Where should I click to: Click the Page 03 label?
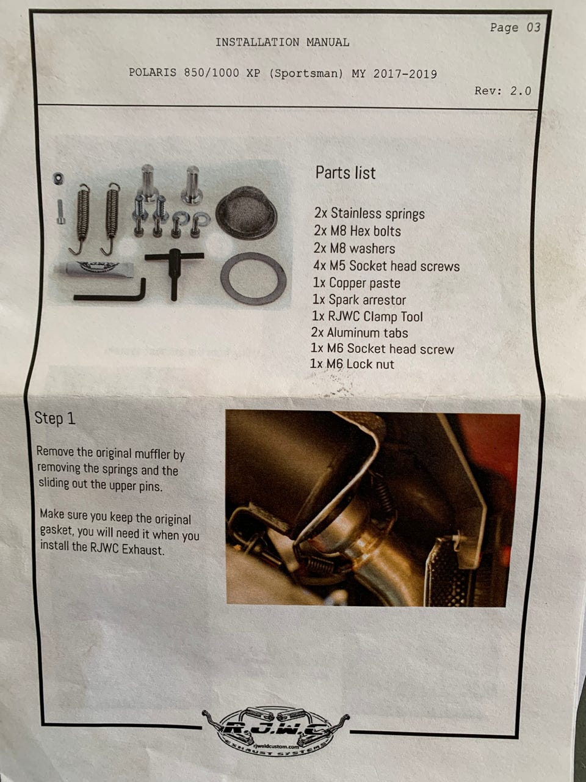point(515,27)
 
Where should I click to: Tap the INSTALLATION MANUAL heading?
point(282,42)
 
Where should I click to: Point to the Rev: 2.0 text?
point(503,91)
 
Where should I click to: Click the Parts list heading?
point(345,173)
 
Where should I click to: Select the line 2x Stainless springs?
point(369,213)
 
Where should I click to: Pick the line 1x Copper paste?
point(356,283)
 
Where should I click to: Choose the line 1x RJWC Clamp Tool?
point(367,316)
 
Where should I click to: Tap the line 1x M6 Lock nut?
point(352,364)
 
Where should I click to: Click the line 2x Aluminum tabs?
point(360,332)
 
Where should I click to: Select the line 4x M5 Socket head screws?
point(386,266)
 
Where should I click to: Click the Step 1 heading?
point(55,418)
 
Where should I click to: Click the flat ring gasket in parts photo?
point(253,279)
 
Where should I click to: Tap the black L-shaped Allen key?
point(110,292)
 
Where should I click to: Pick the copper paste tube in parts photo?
point(93,269)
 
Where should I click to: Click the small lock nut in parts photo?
point(58,178)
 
